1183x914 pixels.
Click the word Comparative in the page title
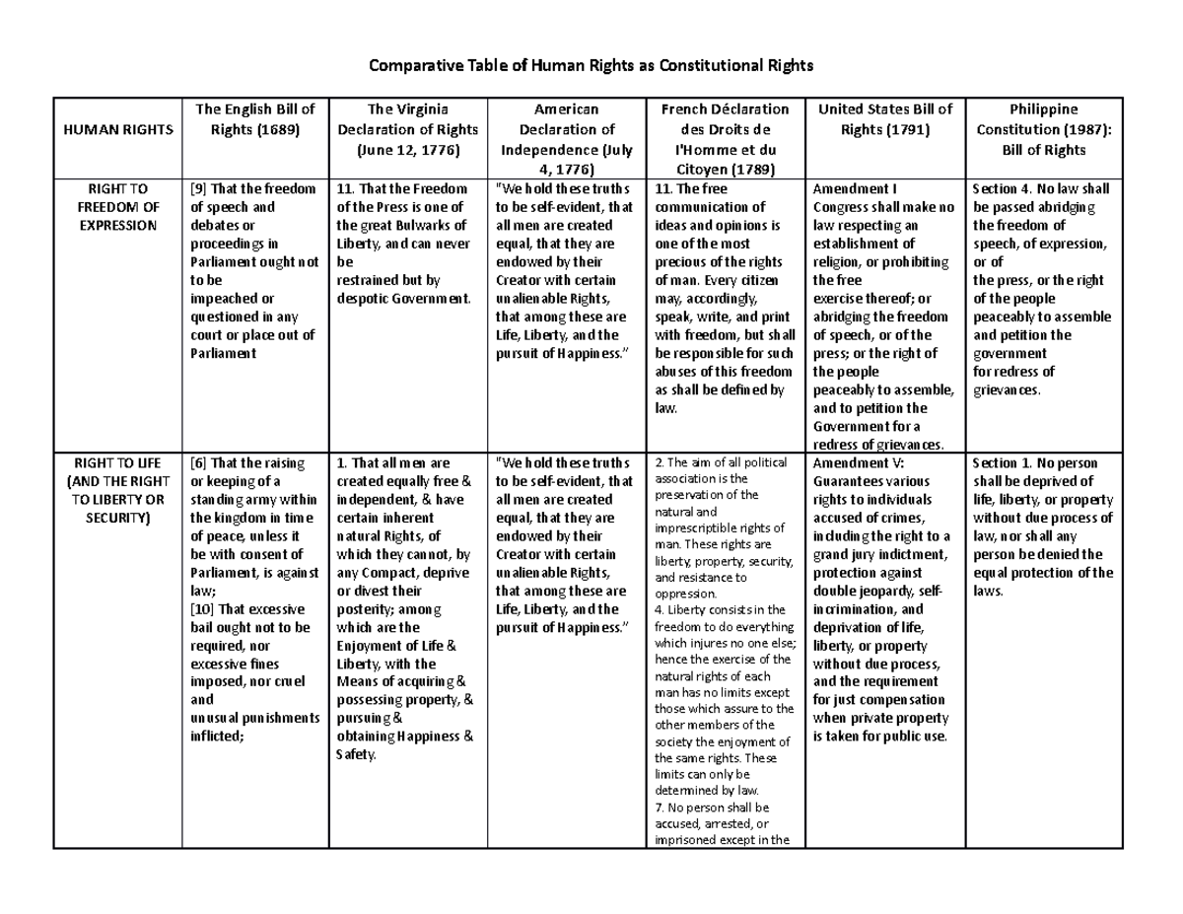point(410,66)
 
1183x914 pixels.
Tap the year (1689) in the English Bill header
point(255,128)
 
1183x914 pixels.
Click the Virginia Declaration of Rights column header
point(407,129)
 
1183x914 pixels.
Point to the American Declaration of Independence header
point(567,139)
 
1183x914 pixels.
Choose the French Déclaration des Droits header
point(723,139)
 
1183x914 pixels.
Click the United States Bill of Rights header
point(883,119)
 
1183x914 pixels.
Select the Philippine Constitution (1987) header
point(1043,129)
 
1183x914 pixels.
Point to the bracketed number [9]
point(198,189)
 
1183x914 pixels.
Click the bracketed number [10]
point(201,609)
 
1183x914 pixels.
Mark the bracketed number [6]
point(198,463)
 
